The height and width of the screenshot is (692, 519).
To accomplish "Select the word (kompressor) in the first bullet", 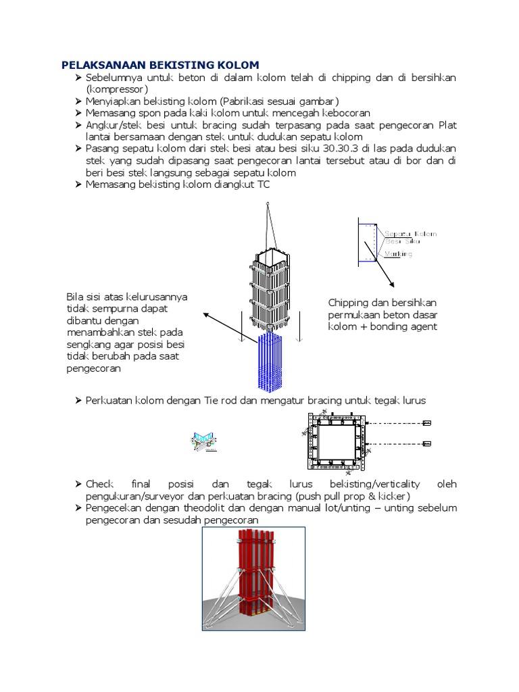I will (x=116, y=89).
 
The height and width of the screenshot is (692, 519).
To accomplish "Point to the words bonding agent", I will (x=403, y=326).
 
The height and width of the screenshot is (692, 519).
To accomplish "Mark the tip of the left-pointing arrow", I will (x=205, y=313).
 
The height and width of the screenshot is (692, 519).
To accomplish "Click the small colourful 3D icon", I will (x=203, y=441).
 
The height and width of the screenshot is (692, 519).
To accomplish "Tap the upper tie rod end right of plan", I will (x=426, y=424).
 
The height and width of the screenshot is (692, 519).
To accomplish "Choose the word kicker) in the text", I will (x=392, y=496).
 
